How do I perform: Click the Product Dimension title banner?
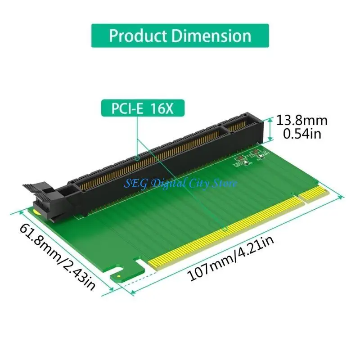click(180, 36)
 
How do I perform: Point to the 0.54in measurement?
click(301, 133)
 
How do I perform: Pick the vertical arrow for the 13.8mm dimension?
click(270, 127)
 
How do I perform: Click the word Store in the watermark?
click(225, 182)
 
